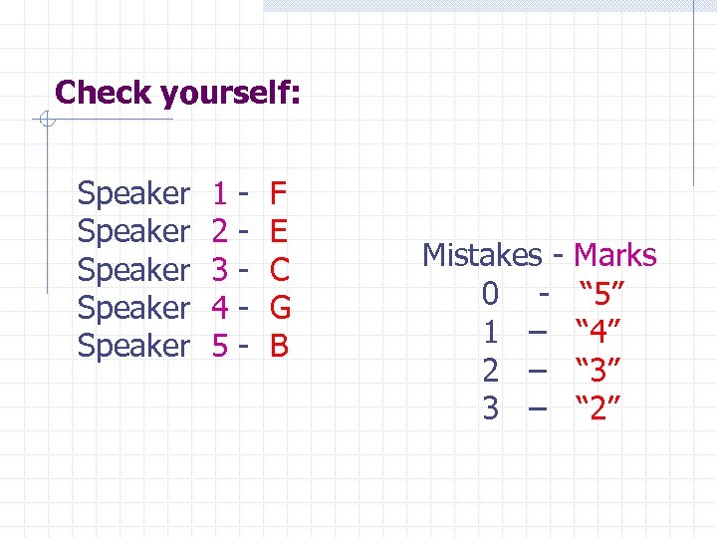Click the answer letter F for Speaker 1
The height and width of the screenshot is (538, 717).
(279, 192)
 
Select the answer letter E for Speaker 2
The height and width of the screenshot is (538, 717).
(279, 231)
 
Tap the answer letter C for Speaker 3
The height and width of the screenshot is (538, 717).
(280, 269)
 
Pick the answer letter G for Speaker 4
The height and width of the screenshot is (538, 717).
(280, 308)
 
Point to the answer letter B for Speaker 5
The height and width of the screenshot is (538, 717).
(279, 346)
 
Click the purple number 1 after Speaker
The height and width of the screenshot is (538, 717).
(221, 192)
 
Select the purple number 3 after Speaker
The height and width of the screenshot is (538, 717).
(221, 269)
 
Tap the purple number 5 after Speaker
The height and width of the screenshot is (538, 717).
(221, 346)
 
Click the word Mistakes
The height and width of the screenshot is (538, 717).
(482, 255)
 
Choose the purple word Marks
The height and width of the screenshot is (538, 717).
(615, 255)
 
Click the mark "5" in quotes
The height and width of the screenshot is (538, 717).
(601, 294)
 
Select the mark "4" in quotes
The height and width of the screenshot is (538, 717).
(601, 332)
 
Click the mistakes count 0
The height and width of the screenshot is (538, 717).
(490, 294)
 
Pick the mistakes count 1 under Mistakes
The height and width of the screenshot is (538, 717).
(490, 332)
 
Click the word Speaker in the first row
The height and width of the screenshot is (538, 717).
(132, 192)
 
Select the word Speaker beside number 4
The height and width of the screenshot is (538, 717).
(132, 308)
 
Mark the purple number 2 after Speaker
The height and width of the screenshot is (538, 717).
(221, 231)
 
